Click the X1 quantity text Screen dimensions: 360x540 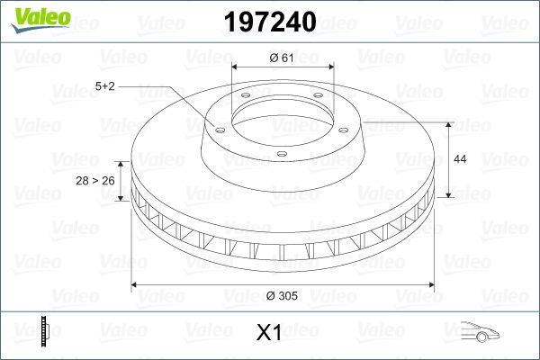[x=269, y=333]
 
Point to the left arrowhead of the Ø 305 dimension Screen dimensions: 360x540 [x=136, y=285]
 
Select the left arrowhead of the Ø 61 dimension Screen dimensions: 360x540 [x=236, y=69]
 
